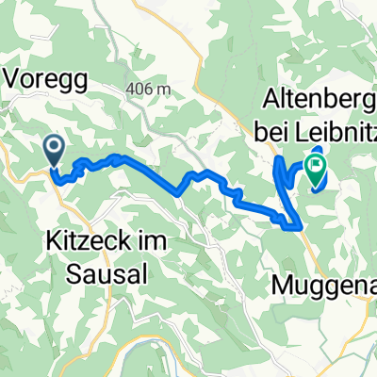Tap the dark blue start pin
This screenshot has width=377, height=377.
(54, 151)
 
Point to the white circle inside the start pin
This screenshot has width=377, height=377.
(54, 146)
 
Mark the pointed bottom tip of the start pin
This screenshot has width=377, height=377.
(54, 168)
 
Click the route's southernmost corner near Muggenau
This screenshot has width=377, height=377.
(298, 227)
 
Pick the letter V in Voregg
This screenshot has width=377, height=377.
(15, 79)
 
